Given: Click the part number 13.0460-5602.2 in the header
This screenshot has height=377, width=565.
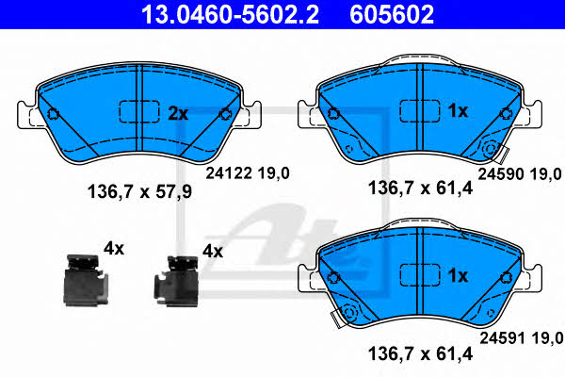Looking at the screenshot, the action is click(x=230, y=14).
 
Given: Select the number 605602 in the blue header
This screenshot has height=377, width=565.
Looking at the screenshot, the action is click(x=392, y=14).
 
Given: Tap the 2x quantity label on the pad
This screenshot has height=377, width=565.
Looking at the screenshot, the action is click(x=178, y=114).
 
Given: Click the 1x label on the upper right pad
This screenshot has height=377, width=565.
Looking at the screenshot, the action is click(x=458, y=111).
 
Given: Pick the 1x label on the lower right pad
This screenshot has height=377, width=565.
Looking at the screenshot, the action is click(x=458, y=275).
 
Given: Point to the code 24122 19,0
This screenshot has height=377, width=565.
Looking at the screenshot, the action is click(x=248, y=173).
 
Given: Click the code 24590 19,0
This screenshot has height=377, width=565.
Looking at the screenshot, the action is click(x=520, y=174).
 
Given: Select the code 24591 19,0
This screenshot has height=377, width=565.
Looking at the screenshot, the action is click(x=522, y=338).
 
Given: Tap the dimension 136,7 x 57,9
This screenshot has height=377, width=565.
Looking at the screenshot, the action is click(x=139, y=191).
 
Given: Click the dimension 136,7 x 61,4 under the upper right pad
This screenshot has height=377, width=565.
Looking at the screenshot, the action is click(x=420, y=188).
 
